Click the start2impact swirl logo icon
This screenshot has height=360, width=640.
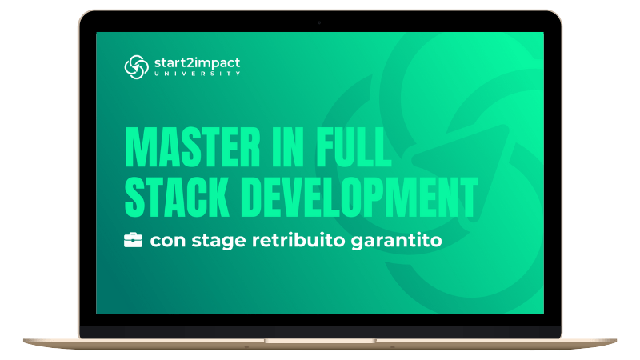pos(136,67)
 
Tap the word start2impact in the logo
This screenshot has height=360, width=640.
pos(197,63)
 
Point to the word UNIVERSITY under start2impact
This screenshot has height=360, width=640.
pos(198,74)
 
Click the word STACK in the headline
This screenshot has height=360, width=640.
pos(176,197)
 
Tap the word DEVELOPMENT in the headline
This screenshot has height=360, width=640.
pos(359,197)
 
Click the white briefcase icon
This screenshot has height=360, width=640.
pos(133,240)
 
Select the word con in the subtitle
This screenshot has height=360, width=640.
pos(168,241)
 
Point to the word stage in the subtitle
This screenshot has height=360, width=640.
pos(218,242)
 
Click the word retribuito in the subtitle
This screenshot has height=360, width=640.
pos(298,240)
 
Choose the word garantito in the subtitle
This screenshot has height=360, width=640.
pos(396,241)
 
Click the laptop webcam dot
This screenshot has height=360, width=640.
pos(319,23)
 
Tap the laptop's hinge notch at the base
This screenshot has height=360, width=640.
pos(320,341)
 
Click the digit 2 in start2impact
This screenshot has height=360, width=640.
pos(191,62)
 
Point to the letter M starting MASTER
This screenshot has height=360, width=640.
pos(136,147)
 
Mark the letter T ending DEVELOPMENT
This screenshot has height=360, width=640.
pos(470,197)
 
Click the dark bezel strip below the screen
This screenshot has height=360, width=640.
pos(320,331)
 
